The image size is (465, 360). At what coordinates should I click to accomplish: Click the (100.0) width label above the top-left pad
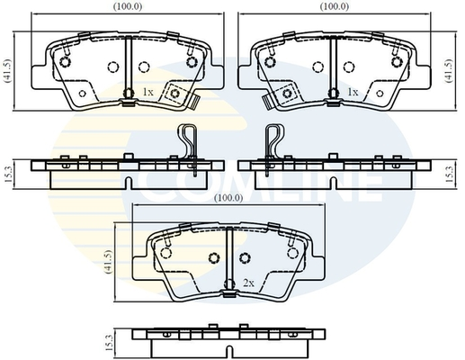[x=128, y=6]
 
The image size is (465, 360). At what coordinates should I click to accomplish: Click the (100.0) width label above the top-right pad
[x=335, y=6]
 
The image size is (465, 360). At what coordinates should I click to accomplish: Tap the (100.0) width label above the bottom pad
[x=228, y=198]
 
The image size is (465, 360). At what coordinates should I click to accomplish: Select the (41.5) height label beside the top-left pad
[x=7, y=70]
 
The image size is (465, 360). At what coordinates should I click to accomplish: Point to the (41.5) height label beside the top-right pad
[x=449, y=70]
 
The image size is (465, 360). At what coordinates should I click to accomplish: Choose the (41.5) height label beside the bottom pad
[x=108, y=262]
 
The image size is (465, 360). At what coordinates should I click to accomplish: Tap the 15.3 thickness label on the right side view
[x=450, y=175]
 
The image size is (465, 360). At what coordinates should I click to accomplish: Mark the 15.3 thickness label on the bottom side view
[x=109, y=343]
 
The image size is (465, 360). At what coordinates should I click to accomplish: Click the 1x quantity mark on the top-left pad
[x=148, y=92]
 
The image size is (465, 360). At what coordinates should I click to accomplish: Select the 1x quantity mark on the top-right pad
[x=353, y=92]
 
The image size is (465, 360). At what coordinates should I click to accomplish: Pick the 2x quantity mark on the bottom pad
[x=248, y=283]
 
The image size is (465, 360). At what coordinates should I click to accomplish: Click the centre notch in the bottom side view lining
[x=229, y=352]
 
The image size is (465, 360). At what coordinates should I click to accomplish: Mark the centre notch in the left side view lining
[x=129, y=183]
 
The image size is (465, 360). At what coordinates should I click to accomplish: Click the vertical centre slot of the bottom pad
[x=229, y=258]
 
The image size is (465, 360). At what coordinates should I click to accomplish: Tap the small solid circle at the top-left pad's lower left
[x=83, y=94]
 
